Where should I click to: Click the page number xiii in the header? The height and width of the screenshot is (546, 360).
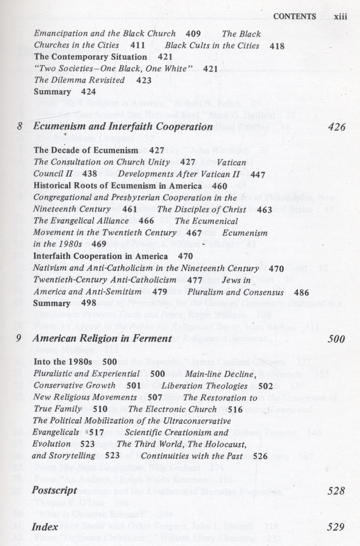[x=340, y=17]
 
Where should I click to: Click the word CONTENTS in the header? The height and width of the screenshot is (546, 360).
[x=294, y=17]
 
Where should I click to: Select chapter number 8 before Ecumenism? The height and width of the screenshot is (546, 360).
[x=20, y=126]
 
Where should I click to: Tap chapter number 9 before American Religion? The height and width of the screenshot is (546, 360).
[x=19, y=338]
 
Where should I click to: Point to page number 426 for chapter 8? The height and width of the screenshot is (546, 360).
[x=337, y=127]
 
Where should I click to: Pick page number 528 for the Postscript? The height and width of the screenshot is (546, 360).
[x=336, y=491]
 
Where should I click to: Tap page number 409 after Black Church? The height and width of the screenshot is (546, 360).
[x=193, y=34]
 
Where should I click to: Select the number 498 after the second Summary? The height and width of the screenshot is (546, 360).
[x=89, y=303]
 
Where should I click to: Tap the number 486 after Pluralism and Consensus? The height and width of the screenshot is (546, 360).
[x=301, y=293]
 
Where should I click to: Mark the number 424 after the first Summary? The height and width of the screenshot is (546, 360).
[x=88, y=92]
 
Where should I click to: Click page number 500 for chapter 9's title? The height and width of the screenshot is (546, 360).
[x=336, y=339]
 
